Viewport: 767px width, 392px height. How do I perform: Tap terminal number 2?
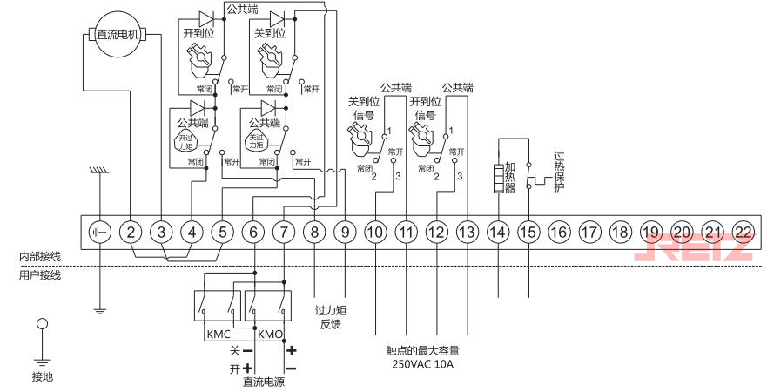(x=131, y=232)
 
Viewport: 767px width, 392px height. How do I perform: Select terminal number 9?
(x=345, y=232)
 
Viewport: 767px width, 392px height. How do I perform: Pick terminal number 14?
(x=497, y=232)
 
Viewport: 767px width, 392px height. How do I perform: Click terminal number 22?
(x=742, y=232)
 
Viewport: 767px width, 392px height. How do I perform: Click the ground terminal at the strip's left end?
(x=100, y=232)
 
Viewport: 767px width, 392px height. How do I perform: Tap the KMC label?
(x=218, y=334)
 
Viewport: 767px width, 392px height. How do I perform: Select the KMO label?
(x=269, y=334)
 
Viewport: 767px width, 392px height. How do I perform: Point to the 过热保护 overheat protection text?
(x=559, y=172)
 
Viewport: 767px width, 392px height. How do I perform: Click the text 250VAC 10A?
(x=422, y=364)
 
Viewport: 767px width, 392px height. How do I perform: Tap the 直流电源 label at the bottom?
(x=263, y=382)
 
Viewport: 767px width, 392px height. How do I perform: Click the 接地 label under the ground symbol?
(x=42, y=376)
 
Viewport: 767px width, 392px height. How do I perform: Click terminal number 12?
(x=436, y=232)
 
